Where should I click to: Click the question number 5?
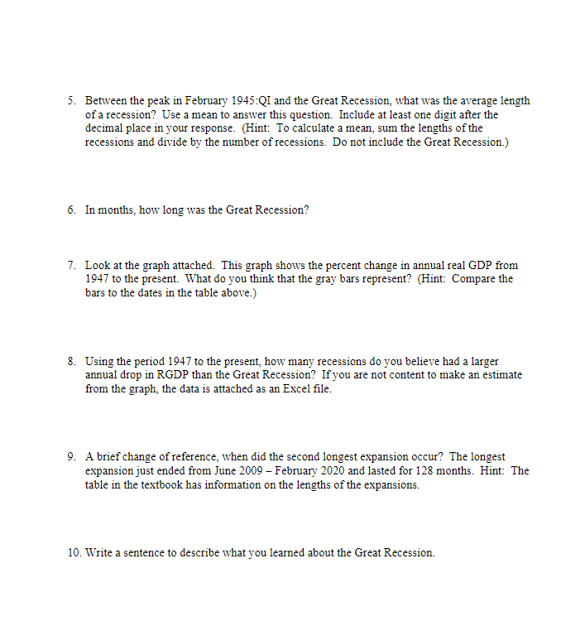tap(71, 100)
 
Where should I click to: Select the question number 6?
tap(71, 210)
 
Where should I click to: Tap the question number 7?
tap(71, 265)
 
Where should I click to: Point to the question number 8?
tap(71, 362)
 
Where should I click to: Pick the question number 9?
tap(71, 457)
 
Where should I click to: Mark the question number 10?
tap(74, 553)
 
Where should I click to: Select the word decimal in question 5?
tap(103, 128)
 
